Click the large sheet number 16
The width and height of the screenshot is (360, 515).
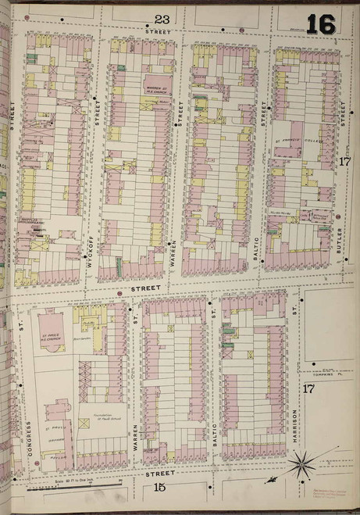(320, 24)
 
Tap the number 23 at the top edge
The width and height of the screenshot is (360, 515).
(162, 19)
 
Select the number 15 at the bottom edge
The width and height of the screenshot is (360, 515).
(160, 488)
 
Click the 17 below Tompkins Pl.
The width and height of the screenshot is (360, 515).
(309, 388)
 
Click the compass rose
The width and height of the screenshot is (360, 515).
(301, 467)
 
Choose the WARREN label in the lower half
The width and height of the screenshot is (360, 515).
(135, 434)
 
